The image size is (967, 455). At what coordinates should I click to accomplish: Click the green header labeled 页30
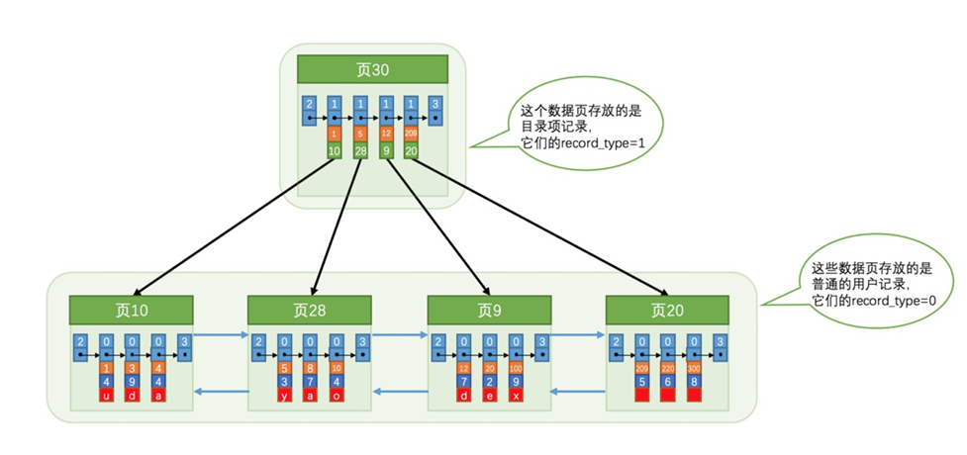click(x=372, y=69)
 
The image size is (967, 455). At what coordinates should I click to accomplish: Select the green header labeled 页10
click(x=131, y=310)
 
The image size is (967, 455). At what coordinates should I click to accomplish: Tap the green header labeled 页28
click(x=310, y=310)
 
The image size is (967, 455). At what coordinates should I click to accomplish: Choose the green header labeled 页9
click(x=489, y=310)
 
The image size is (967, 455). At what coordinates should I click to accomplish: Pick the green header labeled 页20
click(x=667, y=310)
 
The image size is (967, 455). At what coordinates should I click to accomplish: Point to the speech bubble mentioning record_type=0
click(x=872, y=285)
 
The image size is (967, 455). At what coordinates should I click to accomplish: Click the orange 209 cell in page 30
click(x=411, y=133)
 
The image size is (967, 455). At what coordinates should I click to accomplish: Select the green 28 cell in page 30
click(x=360, y=150)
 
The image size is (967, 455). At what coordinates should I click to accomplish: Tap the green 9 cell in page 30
click(x=385, y=150)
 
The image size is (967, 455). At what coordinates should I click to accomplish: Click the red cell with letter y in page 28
click(x=284, y=396)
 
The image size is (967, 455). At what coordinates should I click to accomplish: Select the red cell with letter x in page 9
click(x=516, y=396)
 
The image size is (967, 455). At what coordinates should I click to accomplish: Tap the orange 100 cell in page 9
click(x=516, y=369)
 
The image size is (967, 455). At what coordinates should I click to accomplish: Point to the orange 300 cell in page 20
click(x=694, y=369)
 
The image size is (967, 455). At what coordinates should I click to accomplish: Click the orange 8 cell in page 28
click(x=310, y=369)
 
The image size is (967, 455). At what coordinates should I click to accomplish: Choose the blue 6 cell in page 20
click(x=668, y=382)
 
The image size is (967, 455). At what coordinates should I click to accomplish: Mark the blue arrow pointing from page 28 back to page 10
click(x=219, y=392)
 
